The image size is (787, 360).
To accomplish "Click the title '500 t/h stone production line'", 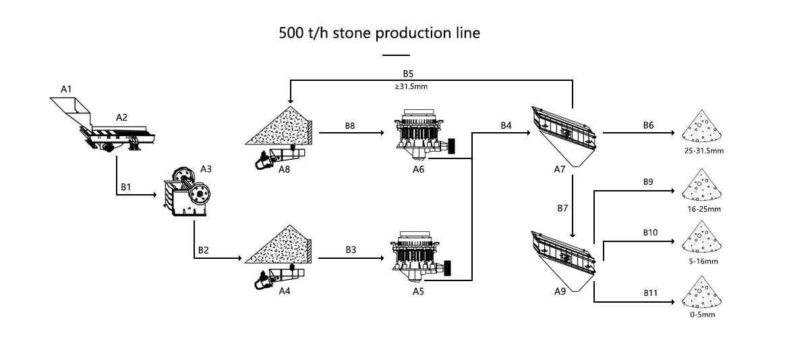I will pos(380,33).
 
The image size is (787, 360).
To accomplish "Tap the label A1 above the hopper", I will pos(66,88).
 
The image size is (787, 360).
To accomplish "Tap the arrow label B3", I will pos(351,249).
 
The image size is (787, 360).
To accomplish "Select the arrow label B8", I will pos(351,125).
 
